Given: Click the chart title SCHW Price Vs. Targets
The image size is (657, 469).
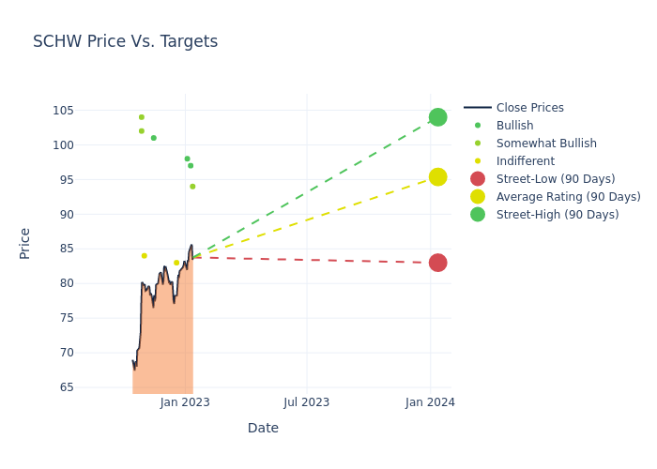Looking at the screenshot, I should (x=125, y=41).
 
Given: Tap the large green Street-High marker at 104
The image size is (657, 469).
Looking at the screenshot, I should (x=437, y=117).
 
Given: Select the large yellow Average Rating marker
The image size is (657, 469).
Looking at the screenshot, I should (x=437, y=177).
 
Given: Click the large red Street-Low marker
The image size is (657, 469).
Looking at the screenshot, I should (x=437, y=263).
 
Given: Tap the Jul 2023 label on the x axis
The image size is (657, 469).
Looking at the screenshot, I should (x=307, y=402).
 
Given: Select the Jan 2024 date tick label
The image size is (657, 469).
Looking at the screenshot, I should (x=430, y=402).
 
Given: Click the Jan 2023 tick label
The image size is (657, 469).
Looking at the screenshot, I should (x=185, y=402).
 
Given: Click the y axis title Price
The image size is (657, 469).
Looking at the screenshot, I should (x=25, y=243).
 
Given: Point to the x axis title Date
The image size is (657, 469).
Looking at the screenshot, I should (x=263, y=428).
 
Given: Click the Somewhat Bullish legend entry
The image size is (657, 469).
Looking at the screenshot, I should (x=546, y=144).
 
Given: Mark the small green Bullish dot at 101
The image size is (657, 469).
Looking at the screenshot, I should (x=154, y=138).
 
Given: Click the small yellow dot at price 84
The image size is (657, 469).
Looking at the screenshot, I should (x=144, y=256).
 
